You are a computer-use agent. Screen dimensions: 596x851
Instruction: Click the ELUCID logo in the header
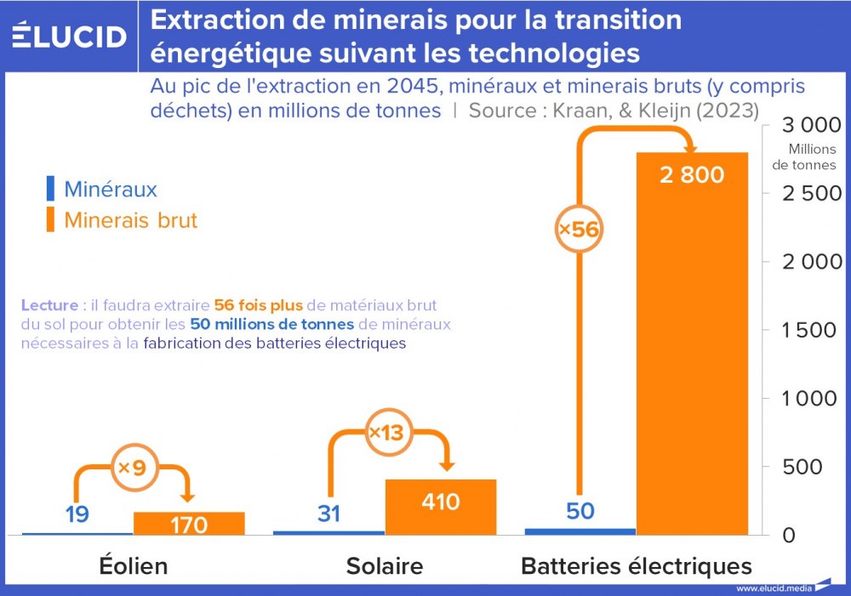[70, 36]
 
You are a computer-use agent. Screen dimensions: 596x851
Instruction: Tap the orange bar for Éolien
[189, 524]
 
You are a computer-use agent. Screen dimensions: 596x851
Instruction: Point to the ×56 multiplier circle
[579, 229]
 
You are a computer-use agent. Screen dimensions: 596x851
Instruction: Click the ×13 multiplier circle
[385, 433]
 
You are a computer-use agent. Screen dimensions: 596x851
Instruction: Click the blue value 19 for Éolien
[77, 514]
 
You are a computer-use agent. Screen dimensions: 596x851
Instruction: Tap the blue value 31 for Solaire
[328, 513]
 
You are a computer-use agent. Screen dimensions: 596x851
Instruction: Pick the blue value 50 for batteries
[580, 511]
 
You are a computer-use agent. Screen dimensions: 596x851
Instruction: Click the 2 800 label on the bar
[692, 175]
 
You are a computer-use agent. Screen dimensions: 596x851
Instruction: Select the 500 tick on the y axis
[818, 467]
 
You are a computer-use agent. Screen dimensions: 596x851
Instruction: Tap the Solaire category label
[384, 566]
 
